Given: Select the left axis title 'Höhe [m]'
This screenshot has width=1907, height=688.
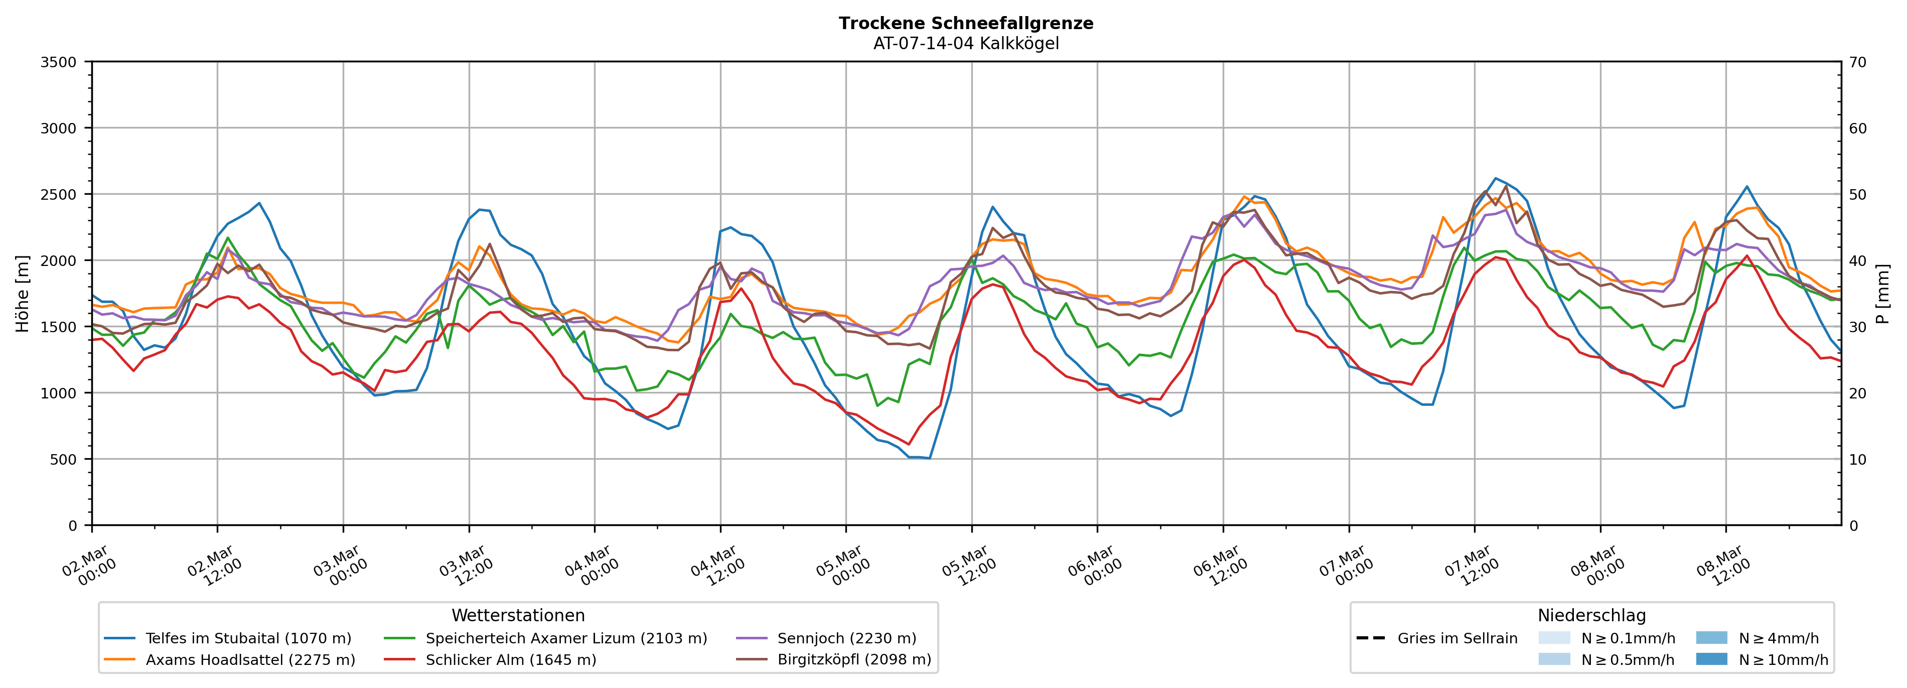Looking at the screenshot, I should pyautogui.click(x=23, y=293).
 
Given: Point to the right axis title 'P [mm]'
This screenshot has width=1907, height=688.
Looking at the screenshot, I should pyautogui.click(x=1882, y=293).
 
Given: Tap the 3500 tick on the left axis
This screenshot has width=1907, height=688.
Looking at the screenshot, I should pyautogui.click(x=59, y=62).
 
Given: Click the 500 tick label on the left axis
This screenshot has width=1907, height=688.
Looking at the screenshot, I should pyautogui.click(x=62, y=459).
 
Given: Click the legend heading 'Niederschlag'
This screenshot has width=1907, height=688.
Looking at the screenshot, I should pyautogui.click(x=1591, y=615).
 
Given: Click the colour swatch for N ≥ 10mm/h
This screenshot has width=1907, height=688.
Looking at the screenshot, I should pyautogui.click(x=1711, y=659).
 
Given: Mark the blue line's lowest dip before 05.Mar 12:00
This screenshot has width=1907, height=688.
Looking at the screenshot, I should pyautogui.click(x=929, y=458).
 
